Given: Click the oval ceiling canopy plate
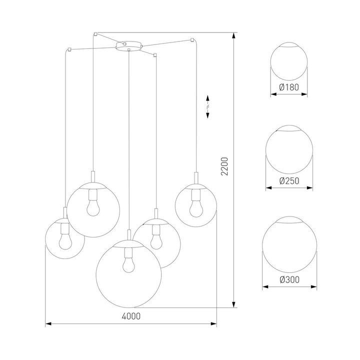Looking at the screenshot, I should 128,46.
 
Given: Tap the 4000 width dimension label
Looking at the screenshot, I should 131,316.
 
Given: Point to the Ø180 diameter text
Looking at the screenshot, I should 288,87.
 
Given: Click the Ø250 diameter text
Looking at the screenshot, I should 288,181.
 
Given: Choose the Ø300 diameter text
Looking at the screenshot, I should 288,279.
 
